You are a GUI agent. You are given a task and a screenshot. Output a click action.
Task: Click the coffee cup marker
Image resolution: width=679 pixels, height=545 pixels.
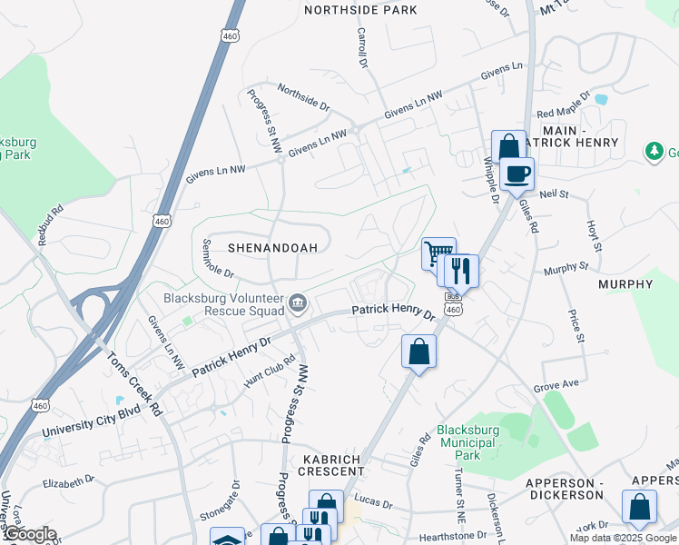517,173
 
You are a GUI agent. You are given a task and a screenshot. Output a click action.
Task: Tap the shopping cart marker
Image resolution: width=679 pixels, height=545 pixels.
438,252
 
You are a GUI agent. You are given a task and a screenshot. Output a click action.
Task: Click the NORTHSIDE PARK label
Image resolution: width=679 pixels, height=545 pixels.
360,10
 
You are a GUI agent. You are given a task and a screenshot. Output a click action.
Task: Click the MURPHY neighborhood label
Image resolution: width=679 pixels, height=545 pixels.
625,284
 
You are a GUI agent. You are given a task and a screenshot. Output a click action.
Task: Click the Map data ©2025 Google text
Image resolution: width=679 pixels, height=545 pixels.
623,538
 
